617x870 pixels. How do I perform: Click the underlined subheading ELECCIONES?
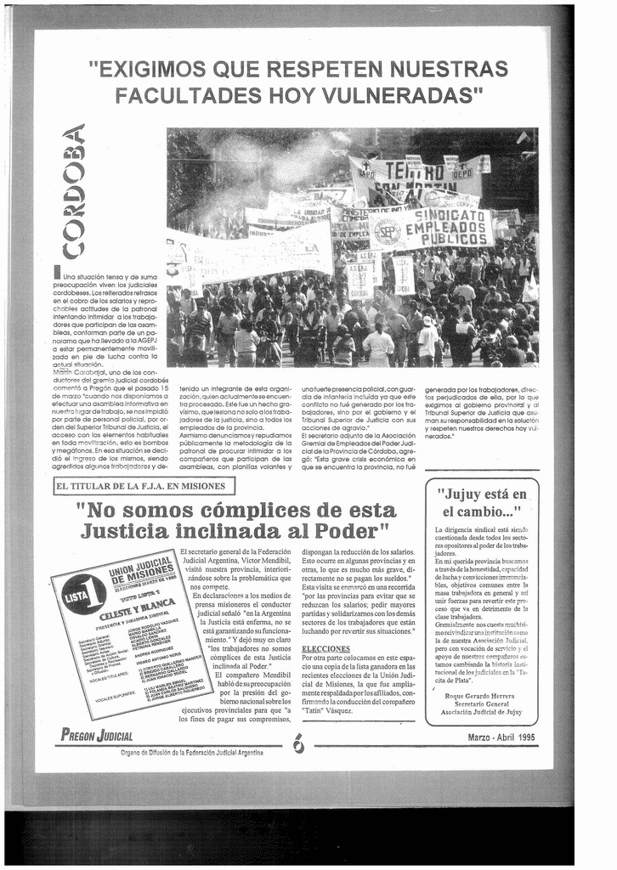(x=325, y=648)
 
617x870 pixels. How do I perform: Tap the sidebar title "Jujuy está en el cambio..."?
(x=481, y=503)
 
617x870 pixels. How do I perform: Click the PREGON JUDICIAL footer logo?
(x=97, y=736)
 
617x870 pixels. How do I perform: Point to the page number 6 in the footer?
(x=298, y=743)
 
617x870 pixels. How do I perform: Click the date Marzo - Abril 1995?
(x=501, y=737)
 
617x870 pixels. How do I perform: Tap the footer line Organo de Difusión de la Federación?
(x=192, y=752)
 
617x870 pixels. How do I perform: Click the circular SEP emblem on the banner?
(x=387, y=232)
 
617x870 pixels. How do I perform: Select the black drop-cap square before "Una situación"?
(x=57, y=272)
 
